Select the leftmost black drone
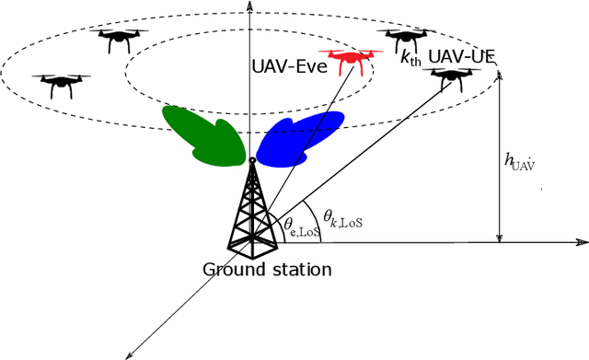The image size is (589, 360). [60, 86]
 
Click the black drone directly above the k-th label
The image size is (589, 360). [404, 41]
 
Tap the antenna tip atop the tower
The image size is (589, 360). [251, 161]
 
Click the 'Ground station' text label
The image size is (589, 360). [268, 270]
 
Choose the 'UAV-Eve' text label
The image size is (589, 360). [289, 66]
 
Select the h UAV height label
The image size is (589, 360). [520, 163]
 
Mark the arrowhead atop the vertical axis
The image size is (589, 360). [251, 6]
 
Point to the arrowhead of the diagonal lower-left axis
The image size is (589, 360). [130, 354]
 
